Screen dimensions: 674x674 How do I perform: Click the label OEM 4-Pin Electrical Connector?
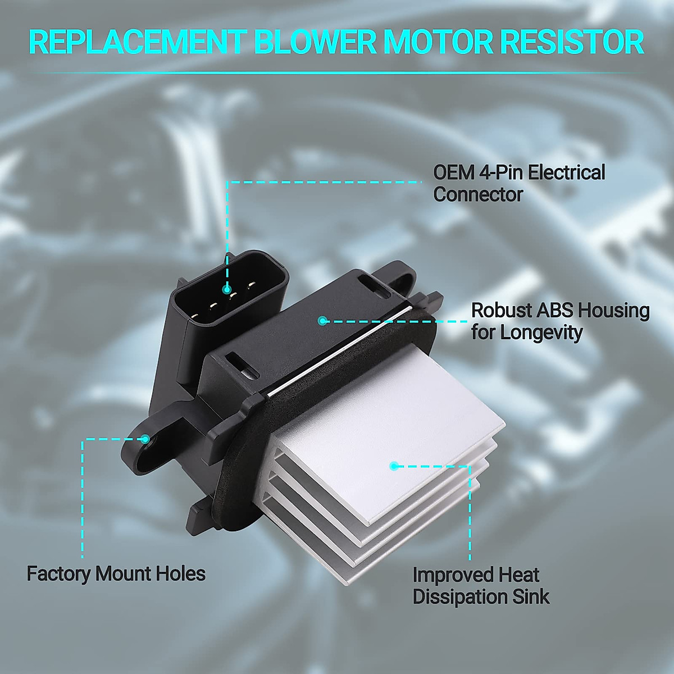point(519,183)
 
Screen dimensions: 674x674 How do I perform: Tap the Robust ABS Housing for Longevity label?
point(559,321)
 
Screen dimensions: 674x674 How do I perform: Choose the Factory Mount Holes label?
point(116,573)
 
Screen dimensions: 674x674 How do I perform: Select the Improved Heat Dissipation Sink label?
point(481,585)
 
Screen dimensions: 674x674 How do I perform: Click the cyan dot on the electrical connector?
point(227,290)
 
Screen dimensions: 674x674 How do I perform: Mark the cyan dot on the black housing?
point(322,321)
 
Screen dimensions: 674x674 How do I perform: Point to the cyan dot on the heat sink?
point(394,466)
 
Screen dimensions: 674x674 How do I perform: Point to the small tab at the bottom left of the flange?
point(198,510)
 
